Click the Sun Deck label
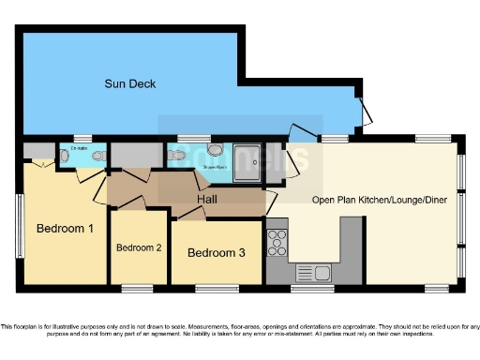[x=129, y=84]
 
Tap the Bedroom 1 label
[x=65, y=228]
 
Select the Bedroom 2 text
[x=140, y=248]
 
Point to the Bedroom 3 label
[x=217, y=252]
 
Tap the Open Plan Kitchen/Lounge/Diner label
[x=380, y=199]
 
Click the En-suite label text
[x=79, y=148]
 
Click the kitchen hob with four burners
[x=278, y=242]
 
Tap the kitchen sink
[x=311, y=273]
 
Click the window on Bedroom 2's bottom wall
[x=137, y=287]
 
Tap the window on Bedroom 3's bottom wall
[x=216, y=287]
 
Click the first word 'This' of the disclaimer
[x=7, y=326]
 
